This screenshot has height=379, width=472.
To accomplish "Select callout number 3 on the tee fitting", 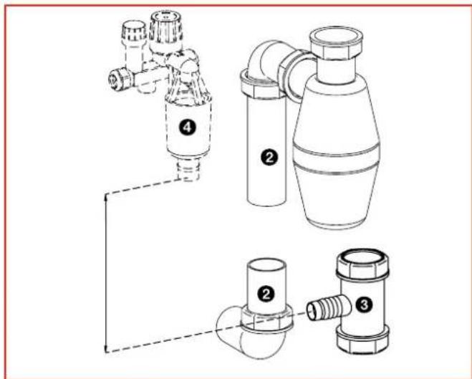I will click(x=363, y=304).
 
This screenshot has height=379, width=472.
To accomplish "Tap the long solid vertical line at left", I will click(x=106, y=272).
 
